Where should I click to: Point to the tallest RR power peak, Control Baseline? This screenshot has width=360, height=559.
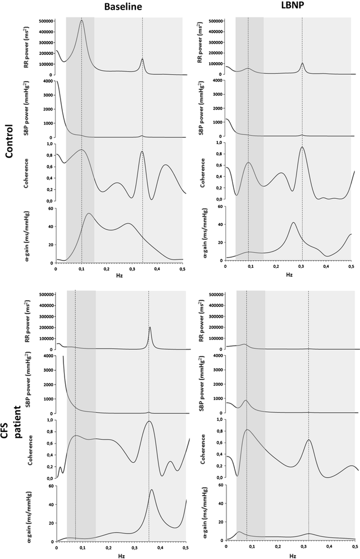[x=82, y=20]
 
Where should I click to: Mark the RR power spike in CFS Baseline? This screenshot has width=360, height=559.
[x=149, y=327]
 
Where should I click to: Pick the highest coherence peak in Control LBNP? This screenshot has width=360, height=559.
[x=302, y=147]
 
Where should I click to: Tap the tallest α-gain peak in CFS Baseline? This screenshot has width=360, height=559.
[x=152, y=490]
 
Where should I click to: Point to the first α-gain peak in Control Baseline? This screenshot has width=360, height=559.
[x=88, y=214]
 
